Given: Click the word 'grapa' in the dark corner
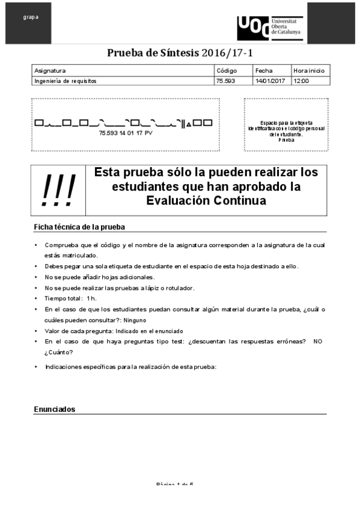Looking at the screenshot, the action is pos(31,17).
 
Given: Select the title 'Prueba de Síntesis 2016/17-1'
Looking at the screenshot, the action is pos(180,53).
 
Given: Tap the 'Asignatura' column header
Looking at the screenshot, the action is pos(50,70).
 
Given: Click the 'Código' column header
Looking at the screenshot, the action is pos(227,70).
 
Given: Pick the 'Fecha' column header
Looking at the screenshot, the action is pos(264,70).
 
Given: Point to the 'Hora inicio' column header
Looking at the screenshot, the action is pos(309,70).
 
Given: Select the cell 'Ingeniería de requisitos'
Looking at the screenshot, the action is pos(66,80).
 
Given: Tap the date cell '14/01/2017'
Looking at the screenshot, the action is pos(270,80).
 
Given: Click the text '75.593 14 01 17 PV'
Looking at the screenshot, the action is pos(126,132).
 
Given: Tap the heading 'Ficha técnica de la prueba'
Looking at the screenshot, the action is pos(79,227).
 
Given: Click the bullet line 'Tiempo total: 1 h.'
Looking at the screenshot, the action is pos(70,299).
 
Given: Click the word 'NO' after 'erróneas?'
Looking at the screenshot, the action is pos(318,341).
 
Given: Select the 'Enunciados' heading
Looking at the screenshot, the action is pos(55,409).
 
